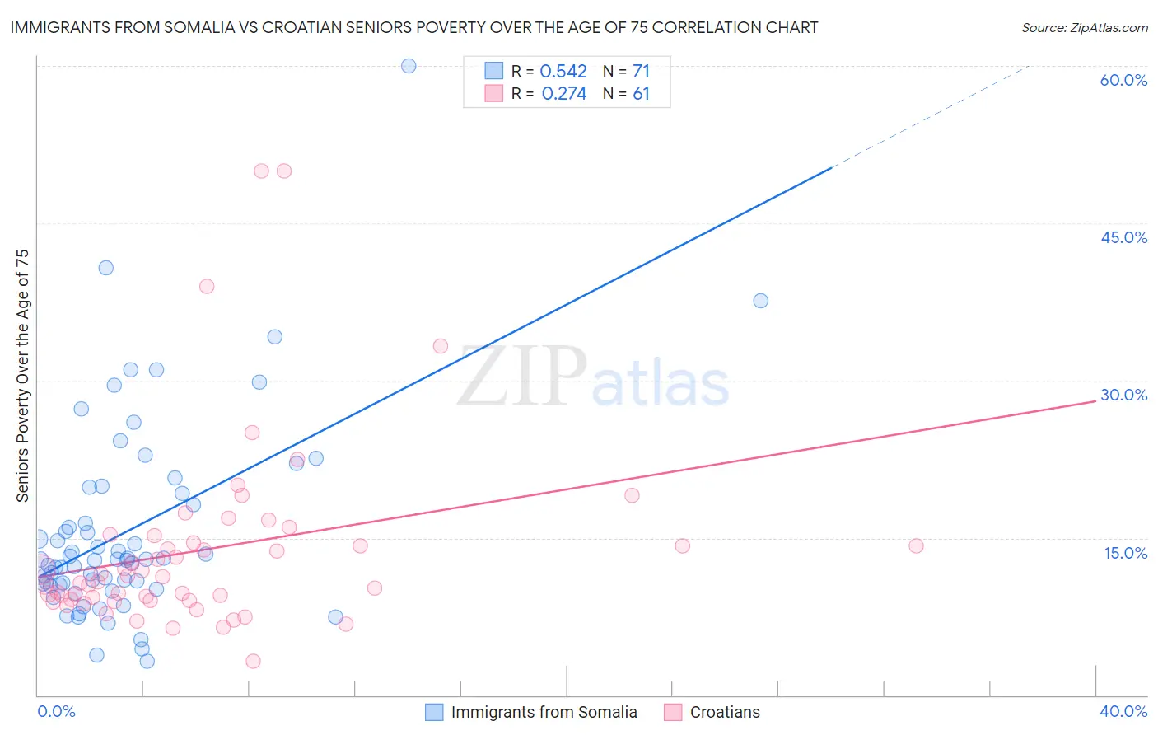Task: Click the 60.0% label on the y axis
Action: pos(1123,80)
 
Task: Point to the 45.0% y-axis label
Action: pos(1123,237)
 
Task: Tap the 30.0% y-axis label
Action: pos(1123,395)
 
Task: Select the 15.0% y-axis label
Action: pos(1125,553)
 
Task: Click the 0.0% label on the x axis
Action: pos(56,711)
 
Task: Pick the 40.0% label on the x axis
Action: pos(1123,711)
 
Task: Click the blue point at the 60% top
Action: pos(409,66)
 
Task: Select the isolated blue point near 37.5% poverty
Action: pos(761,301)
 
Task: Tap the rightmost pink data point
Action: pos(916,545)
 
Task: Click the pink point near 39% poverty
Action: pos(207,287)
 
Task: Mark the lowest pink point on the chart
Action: pos(254,661)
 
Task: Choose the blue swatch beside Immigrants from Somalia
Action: pos(434,712)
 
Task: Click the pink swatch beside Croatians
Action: pos(673,712)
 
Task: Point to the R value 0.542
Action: pos(563,72)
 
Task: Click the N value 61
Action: pos(641,94)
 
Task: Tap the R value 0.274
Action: pos(563,94)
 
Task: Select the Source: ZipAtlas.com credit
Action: pos(1084,27)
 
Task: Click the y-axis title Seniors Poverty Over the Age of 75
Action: pos(23,376)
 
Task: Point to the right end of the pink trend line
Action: pos(1095,400)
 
